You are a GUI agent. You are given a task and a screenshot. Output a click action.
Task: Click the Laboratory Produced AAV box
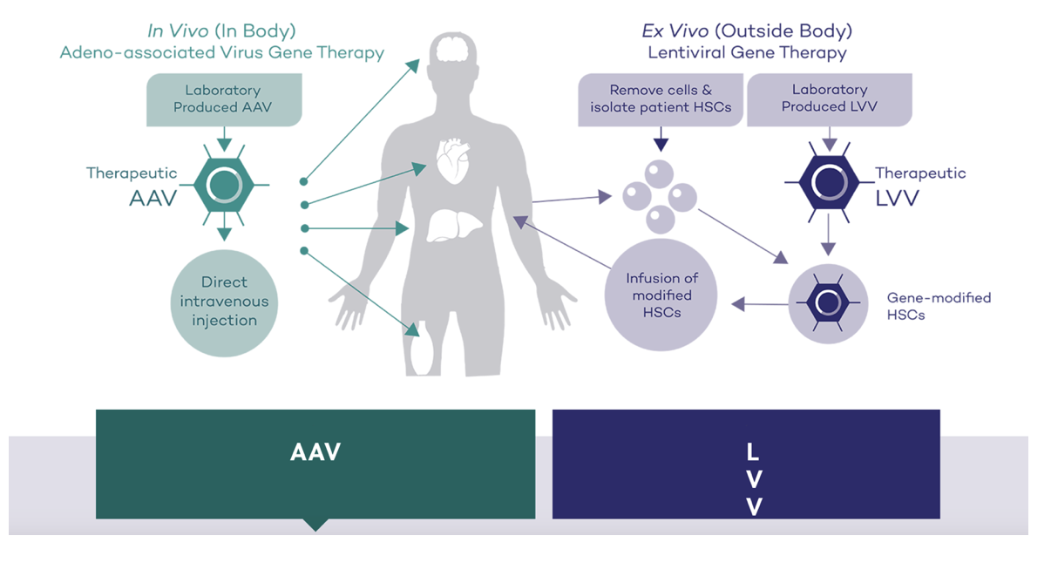[x=223, y=98]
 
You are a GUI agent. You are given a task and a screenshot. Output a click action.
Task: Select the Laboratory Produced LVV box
[x=829, y=98]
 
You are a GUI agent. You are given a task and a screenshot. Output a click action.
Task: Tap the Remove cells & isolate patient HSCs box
[x=661, y=98]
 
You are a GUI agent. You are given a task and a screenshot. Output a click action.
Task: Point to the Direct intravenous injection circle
[x=224, y=302]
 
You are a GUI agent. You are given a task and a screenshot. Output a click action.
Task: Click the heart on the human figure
[x=452, y=161]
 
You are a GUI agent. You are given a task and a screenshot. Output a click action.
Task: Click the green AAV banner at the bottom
[x=315, y=464]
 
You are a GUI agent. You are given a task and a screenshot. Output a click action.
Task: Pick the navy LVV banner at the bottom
[x=746, y=464]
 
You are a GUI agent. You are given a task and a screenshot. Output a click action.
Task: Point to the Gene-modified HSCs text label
[x=939, y=306]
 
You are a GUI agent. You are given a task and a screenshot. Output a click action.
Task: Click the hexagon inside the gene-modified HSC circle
[x=827, y=302]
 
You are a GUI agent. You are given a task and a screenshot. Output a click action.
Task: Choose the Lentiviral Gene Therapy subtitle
[x=747, y=53]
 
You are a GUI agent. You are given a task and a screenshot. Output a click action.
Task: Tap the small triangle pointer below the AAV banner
[x=315, y=525]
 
